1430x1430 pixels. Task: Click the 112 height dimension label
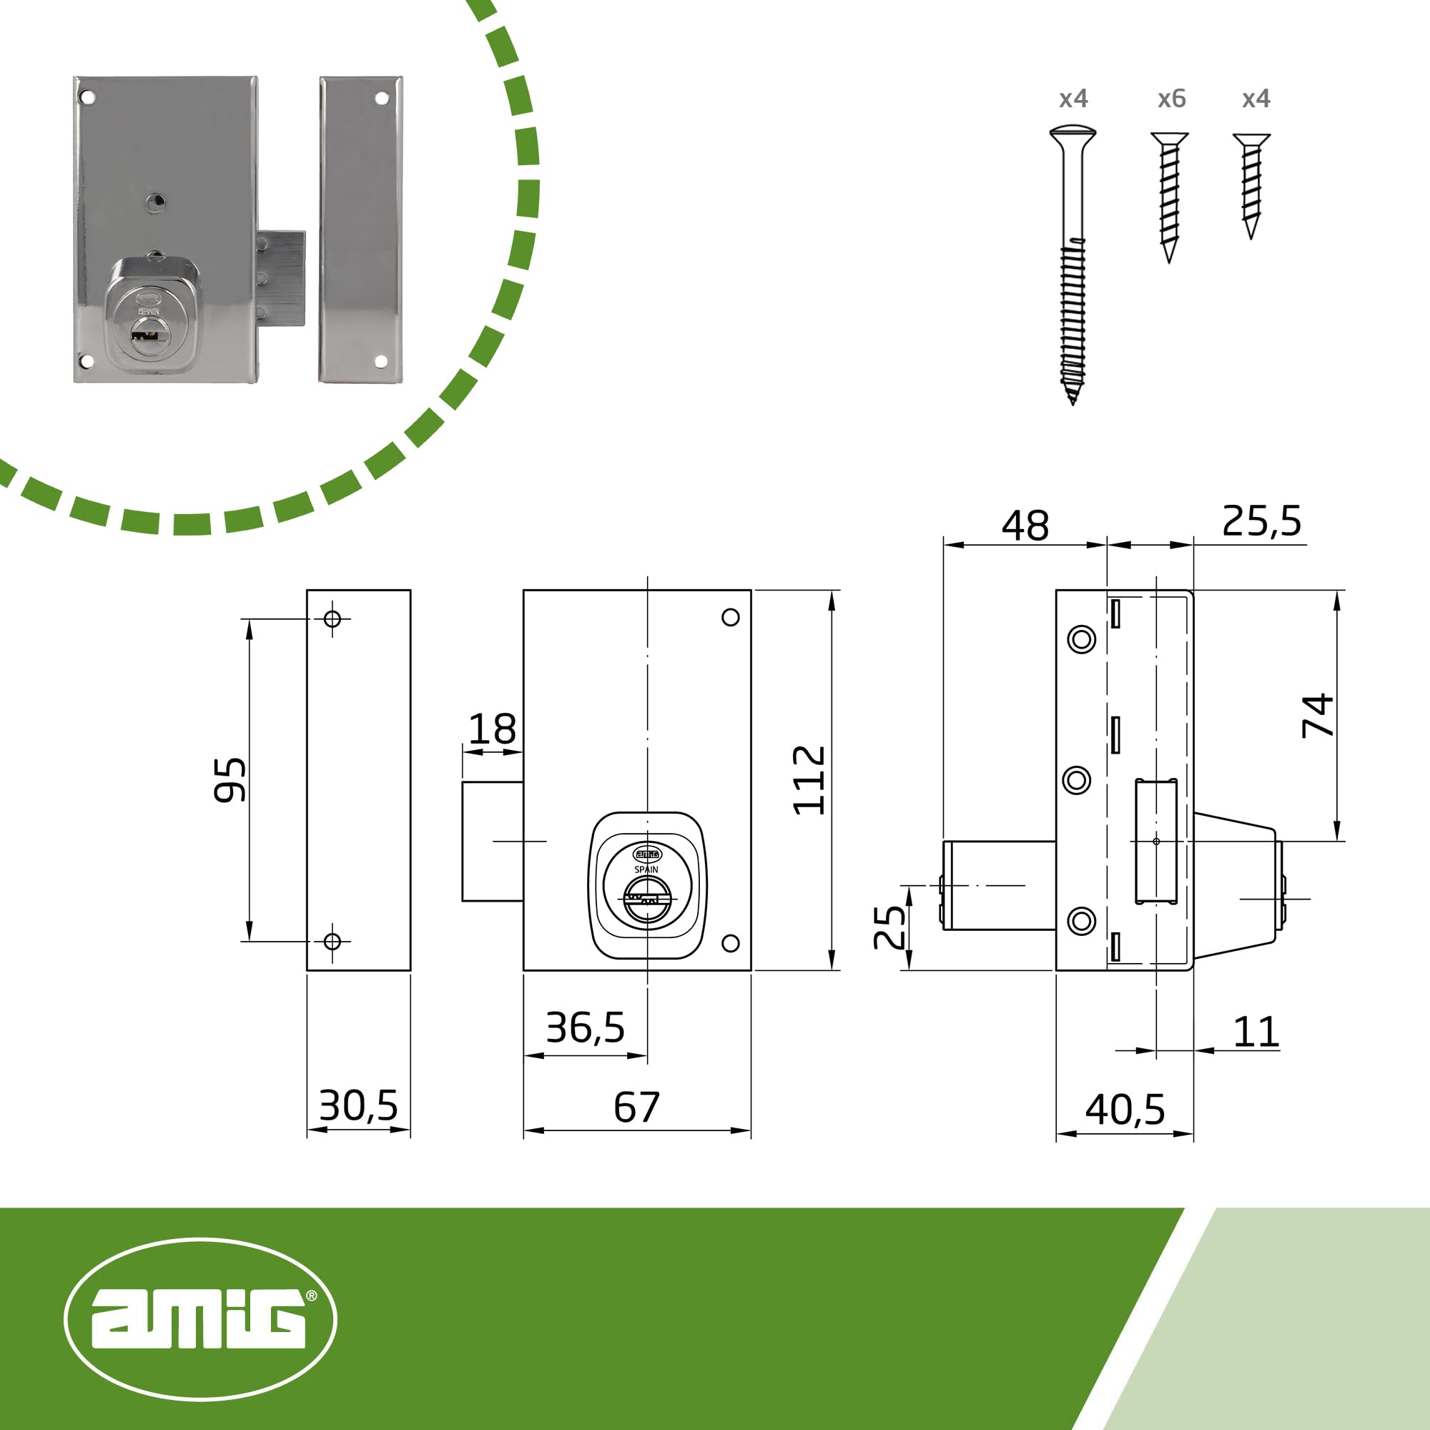808,780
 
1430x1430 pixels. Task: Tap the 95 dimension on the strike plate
230,779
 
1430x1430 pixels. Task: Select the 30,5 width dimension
358,1105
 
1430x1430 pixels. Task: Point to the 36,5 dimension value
586,1027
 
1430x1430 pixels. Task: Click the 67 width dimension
636,1108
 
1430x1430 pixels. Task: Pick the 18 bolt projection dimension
492,729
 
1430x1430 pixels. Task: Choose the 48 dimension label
1025,526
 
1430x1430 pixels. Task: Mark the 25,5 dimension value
1261,521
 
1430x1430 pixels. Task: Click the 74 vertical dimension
1318,716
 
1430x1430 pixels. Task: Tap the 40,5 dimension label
1125,1110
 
